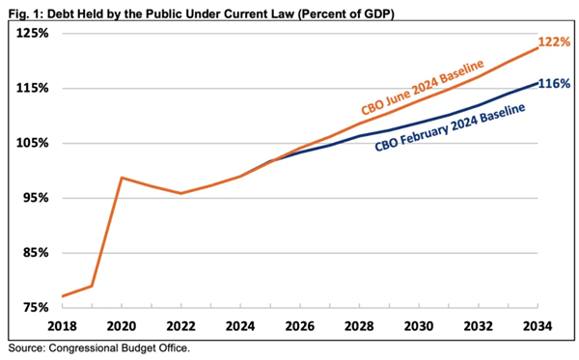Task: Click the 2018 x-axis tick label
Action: click(61, 326)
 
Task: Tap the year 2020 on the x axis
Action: click(122, 326)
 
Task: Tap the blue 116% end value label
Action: click(558, 83)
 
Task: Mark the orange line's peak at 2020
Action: click(122, 178)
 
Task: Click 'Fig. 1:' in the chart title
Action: click(24, 11)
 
